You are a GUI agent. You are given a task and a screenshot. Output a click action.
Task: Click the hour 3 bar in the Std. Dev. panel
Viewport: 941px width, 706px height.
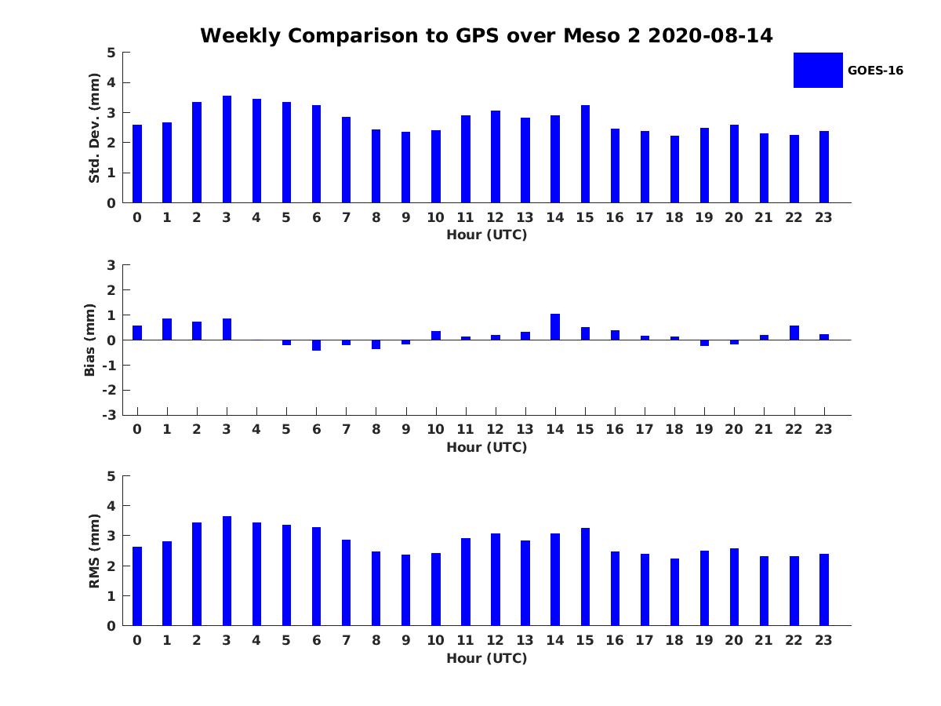pyautogui.click(x=227, y=149)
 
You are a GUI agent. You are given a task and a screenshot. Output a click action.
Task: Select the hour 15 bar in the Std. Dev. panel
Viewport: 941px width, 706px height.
pyautogui.click(x=585, y=154)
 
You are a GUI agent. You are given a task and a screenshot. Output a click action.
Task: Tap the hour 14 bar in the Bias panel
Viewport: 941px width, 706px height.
pyautogui.click(x=555, y=327)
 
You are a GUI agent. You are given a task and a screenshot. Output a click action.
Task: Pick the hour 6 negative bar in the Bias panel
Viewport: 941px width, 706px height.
pyautogui.click(x=316, y=345)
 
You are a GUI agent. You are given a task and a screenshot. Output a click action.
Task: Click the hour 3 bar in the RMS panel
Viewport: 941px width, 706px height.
pyautogui.click(x=227, y=571)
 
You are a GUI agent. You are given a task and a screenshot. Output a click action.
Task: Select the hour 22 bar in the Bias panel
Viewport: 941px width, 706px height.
pyautogui.click(x=794, y=333)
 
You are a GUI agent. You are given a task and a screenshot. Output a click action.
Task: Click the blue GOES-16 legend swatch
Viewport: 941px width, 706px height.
pyautogui.click(x=818, y=70)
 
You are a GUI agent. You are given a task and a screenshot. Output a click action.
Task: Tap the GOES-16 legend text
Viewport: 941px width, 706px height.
pyautogui.click(x=875, y=71)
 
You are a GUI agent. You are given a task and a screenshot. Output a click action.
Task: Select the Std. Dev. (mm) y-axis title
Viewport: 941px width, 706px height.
pyautogui.click(x=94, y=128)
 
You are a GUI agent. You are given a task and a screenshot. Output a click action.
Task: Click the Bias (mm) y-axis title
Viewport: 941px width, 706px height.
pyautogui.click(x=90, y=340)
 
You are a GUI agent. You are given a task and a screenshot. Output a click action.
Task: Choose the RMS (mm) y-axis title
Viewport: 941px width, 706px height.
pyautogui.click(x=94, y=551)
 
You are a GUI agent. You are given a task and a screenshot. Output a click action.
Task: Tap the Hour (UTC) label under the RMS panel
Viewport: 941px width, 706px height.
pyautogui.click(x=486, y=658)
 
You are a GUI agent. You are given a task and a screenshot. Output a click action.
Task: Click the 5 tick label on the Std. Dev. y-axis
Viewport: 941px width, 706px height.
pyautogui.click(x=112, y=53)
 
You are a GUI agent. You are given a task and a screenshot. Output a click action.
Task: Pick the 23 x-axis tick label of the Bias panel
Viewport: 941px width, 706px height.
pyautogui.click(x=824, y=429)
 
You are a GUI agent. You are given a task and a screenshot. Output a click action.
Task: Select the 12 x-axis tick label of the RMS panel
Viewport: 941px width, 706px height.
pyautogui.click(x=496, y=640)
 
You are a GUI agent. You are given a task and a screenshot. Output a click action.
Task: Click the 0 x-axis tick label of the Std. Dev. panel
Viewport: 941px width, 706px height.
pyautogui.click(x=137, y=217)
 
